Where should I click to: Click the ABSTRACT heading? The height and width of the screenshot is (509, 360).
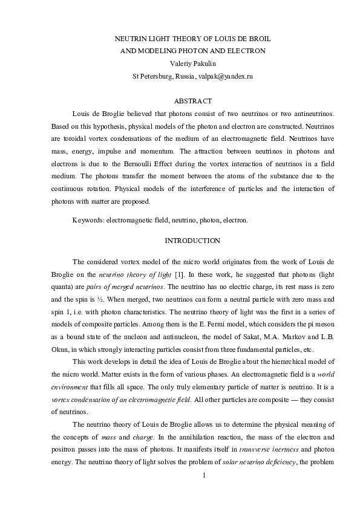(x=192, y=100)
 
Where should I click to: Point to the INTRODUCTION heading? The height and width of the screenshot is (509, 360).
(x=192, y=241)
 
